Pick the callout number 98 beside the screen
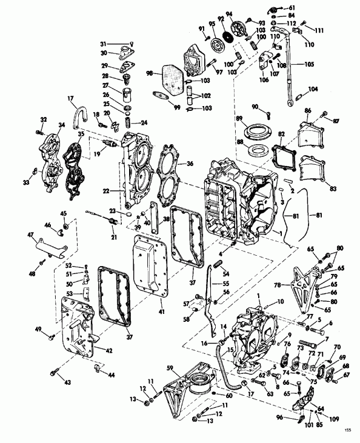(x=149, y=73)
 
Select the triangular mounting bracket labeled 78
(x=303, y=279)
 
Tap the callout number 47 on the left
(x=30, y=234)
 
